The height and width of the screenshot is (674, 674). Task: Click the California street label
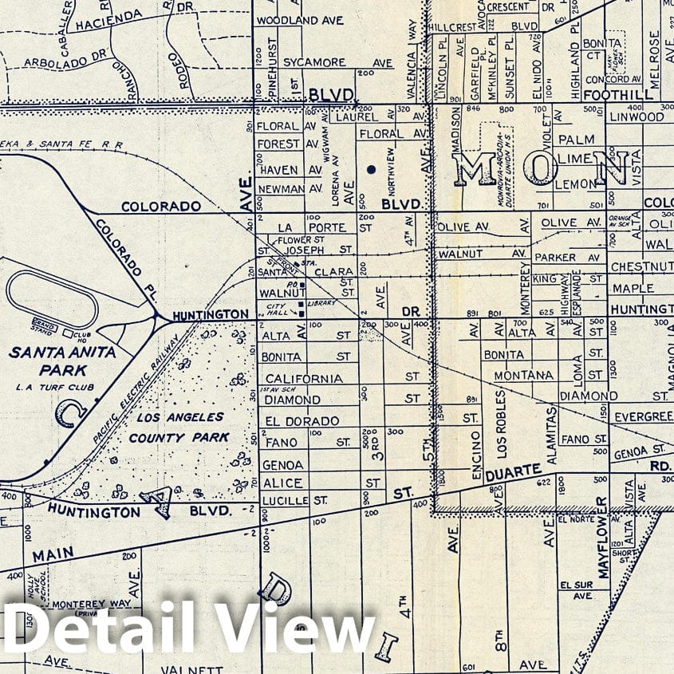point(304,378)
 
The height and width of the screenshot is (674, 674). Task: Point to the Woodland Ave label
point(299,20)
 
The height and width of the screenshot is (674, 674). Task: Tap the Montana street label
point(523,375)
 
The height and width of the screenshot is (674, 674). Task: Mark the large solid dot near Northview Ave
point(371,169)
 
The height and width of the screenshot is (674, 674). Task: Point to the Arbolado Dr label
point(65,61)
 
